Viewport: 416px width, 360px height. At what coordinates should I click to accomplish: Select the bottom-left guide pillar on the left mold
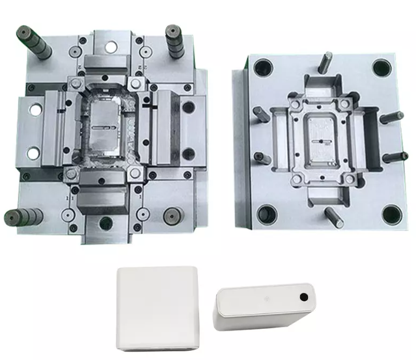coord(22,217)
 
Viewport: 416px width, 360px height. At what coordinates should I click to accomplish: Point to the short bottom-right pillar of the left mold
coord(173,215)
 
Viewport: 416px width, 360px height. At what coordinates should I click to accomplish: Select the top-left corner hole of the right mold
coord(265,67)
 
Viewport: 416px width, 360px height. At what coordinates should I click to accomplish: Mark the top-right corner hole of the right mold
coord(383,68)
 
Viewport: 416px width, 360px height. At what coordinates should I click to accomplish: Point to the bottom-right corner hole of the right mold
coord(391,214)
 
